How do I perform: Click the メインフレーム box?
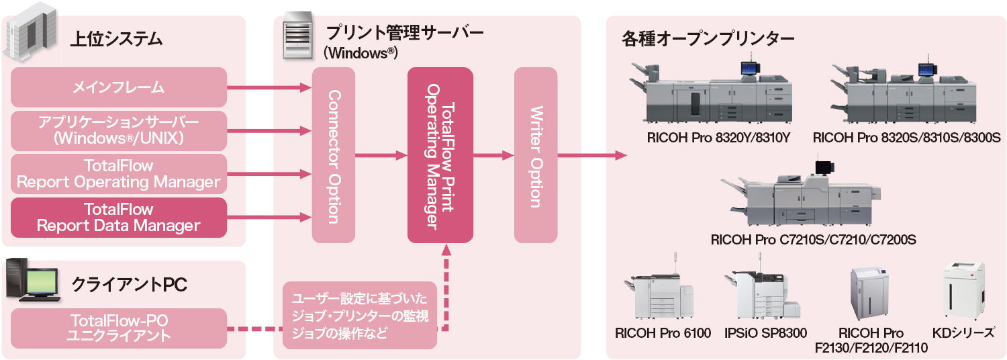tap(119, 87)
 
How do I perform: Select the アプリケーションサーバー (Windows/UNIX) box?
tap(119, 130)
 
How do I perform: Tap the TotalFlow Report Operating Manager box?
tap(119, 173)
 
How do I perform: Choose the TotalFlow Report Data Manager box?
tap(119, 217)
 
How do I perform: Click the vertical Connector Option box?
tap(334, 155)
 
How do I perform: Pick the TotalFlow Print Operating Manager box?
tap(440, 155)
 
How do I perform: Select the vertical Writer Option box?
tap(535, 155)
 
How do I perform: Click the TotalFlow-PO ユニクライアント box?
tap(119, 328)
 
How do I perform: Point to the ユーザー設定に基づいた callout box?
tap(360, 316)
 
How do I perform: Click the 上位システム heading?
tap(117, 39)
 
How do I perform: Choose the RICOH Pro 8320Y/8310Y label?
tap(720, 138)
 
